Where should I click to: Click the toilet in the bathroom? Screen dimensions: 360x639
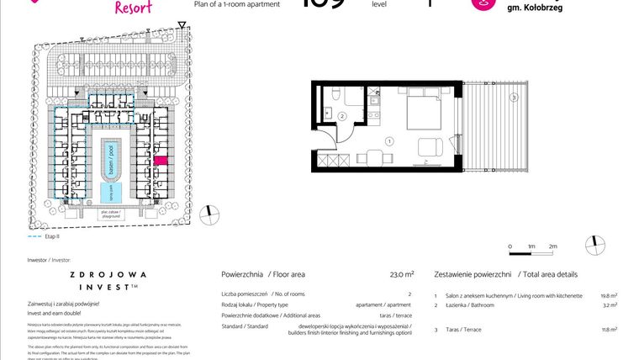(x=335, y=94)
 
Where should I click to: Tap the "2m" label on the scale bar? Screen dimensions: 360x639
(x=553, y=246)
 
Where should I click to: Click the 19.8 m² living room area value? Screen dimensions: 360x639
(x=609, y=296)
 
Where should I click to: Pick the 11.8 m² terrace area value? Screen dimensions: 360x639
(x=609, y=331)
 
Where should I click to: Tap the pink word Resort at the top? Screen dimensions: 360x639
(x=134, y=7)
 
